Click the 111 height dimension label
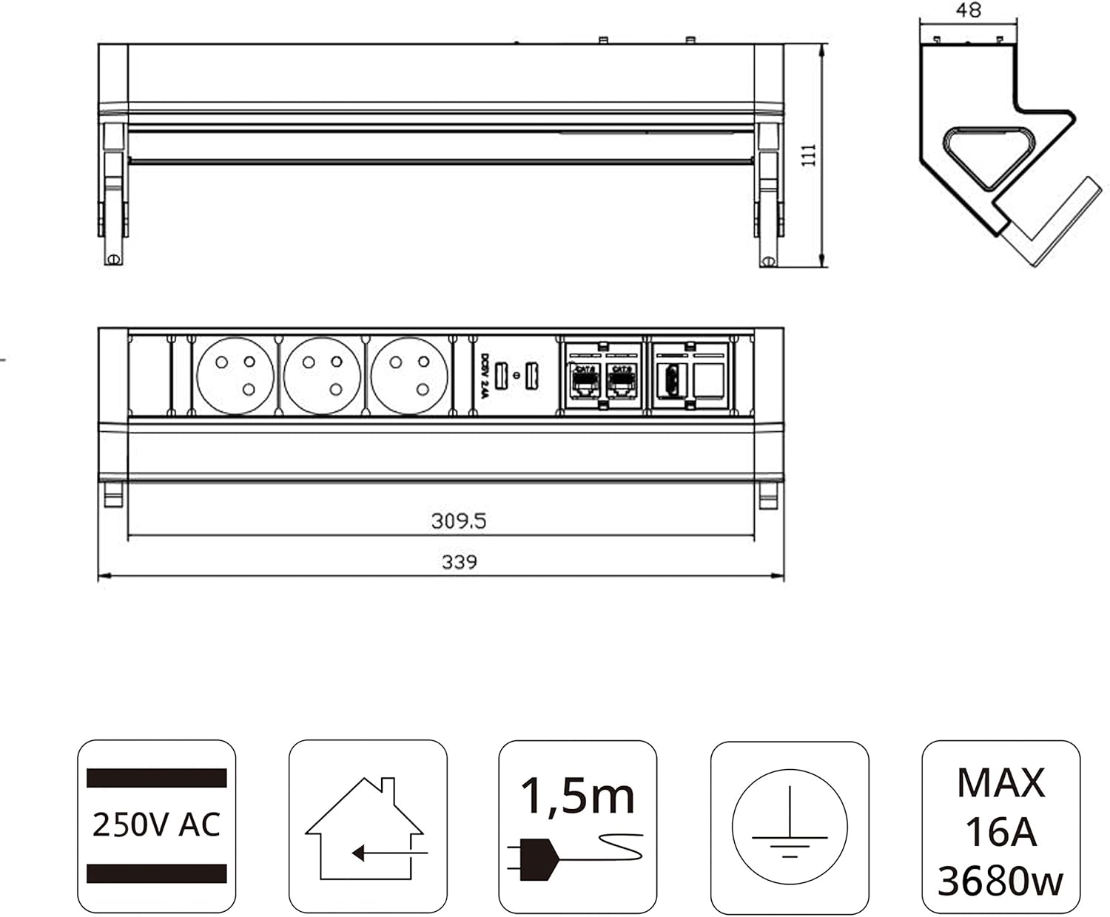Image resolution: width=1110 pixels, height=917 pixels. point(809,155)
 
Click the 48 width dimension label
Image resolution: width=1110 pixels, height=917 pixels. point(968,10)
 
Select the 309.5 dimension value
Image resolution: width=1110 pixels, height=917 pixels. point(459,521)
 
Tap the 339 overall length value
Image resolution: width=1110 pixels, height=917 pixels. point(459,562)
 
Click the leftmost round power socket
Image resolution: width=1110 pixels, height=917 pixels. point(235,376)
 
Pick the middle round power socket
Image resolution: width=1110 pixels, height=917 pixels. point(322,376)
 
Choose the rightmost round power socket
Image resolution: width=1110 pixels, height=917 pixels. point(409,376)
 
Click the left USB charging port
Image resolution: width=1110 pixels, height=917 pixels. point(501,376)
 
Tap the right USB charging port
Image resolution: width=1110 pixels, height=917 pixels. point(531,376)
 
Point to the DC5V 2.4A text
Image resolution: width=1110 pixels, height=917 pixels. point(485,376)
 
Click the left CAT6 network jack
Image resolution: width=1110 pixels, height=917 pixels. point(585,382)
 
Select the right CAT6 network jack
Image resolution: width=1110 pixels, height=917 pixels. point(620,382)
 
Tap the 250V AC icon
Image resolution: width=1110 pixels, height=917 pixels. point(156,825)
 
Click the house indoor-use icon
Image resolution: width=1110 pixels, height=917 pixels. point(366,828)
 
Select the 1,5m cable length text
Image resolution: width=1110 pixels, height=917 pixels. point(577,796)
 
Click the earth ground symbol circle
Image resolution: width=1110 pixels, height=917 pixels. point(790,826)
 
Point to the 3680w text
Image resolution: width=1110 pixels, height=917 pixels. point(1000,881)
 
